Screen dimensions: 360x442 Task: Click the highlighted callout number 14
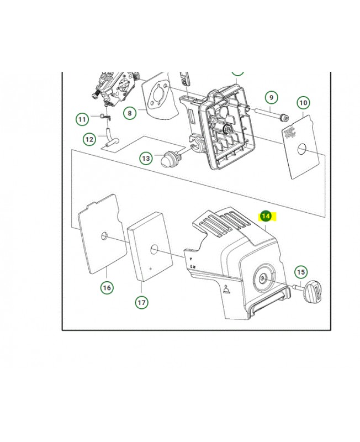pos(266,216)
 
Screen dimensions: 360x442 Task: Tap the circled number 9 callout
pos(271,98)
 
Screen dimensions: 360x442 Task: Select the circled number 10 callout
pos(303,103)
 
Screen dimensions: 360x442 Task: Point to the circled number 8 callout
pos(130,113)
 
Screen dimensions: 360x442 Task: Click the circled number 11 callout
pos(82,119)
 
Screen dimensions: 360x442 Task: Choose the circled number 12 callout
pos(89,139)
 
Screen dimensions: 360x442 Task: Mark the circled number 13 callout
pos(146,158)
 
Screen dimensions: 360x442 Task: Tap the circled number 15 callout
pos(301,272)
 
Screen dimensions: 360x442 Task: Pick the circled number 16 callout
pos(107,287)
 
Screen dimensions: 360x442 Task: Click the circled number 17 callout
pos(141,302)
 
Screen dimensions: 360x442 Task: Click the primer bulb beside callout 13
pos(168,159)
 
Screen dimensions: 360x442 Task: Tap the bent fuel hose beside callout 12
pos(110,137)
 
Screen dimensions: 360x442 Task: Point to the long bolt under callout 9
pos(271,114)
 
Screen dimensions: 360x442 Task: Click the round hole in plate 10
pos(302,149)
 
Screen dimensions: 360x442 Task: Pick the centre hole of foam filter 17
pos(154,249)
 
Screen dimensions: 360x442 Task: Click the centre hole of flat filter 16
pos(104,236)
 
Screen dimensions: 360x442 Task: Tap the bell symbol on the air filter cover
pos(226,289)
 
